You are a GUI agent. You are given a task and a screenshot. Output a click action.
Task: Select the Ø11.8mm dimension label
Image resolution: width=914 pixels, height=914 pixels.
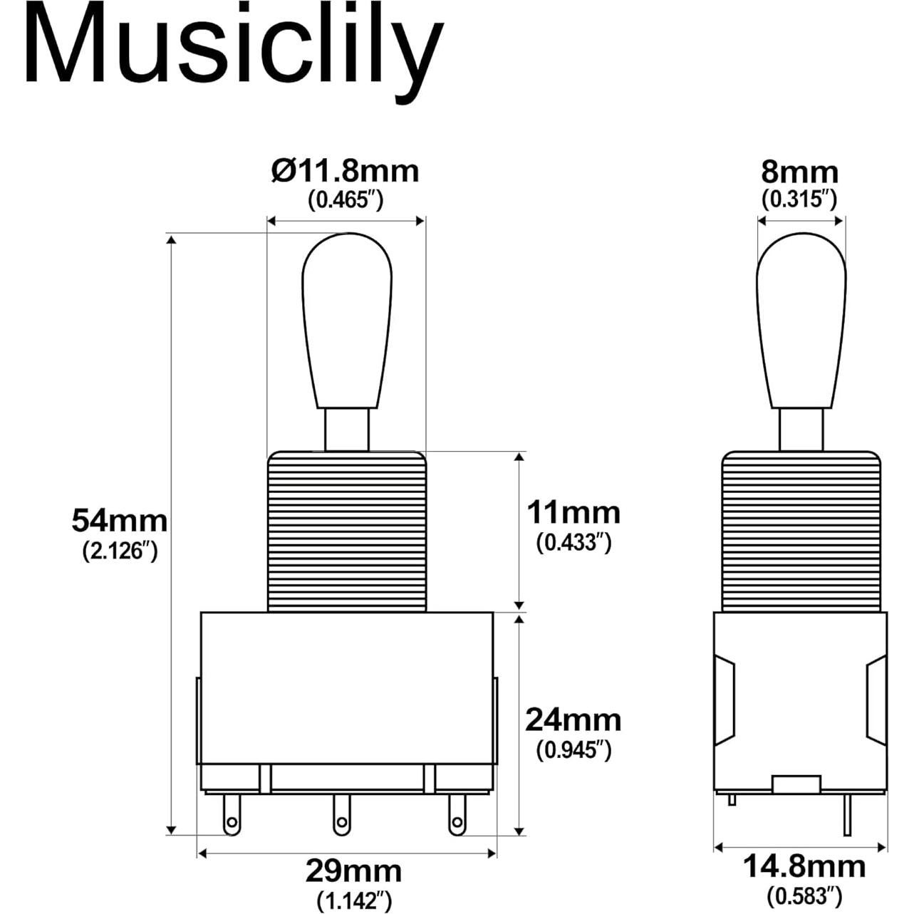tap(346, 172)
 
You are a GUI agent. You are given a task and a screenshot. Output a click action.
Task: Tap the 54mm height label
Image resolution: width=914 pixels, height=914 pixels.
tap(119, 521)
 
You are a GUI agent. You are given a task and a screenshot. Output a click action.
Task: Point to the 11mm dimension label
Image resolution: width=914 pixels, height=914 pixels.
tap(573, 512)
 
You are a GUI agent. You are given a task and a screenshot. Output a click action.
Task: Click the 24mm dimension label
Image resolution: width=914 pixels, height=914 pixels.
tap(573, 720)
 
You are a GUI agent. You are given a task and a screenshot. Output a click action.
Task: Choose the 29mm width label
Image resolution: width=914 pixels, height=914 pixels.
tap(354, 871)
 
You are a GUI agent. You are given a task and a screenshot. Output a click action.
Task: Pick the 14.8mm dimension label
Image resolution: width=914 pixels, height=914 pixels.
tap(804, 867)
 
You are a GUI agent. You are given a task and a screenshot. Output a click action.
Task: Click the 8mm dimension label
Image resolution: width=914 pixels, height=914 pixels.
tap(800, 172)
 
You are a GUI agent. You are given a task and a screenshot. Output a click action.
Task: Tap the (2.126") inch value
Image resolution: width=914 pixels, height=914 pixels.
tap(119, 551)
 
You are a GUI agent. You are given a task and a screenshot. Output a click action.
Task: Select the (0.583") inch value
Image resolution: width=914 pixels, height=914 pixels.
tap(804, 893)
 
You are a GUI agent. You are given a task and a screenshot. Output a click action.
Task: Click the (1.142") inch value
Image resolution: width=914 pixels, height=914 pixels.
tap(354, 900)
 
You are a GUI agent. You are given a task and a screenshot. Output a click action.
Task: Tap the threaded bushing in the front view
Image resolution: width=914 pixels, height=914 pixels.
tap(347, 531)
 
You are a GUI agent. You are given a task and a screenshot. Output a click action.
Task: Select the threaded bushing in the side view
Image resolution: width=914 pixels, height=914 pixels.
tap(801, 531)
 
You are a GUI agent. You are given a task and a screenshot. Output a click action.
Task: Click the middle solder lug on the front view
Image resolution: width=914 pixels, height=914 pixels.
tap(343, 816)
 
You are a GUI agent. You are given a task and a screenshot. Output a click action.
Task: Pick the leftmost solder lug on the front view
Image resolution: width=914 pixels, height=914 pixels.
tap(232, 816)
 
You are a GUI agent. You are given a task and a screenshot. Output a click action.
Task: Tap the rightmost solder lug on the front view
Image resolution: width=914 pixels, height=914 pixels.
tap(456, 816)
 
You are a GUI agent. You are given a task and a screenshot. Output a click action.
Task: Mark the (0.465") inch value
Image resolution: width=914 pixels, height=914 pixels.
tap(346, 200)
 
